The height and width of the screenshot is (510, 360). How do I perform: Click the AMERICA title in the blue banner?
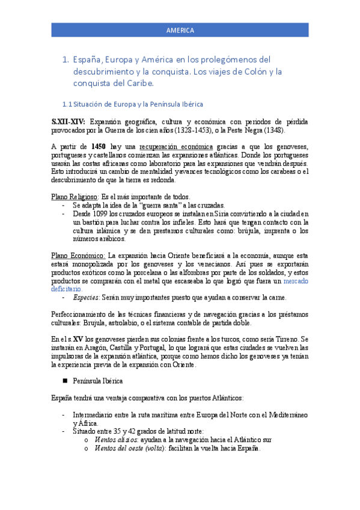(x=180, y=30)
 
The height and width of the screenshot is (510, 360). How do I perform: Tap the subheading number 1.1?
(x=67, y=104)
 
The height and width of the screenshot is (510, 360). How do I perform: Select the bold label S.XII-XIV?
(x=69, y=121)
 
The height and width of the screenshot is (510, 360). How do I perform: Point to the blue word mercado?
(x=296, y=281)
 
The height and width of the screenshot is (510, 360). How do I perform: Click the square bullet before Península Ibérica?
(x=64, y=381)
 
